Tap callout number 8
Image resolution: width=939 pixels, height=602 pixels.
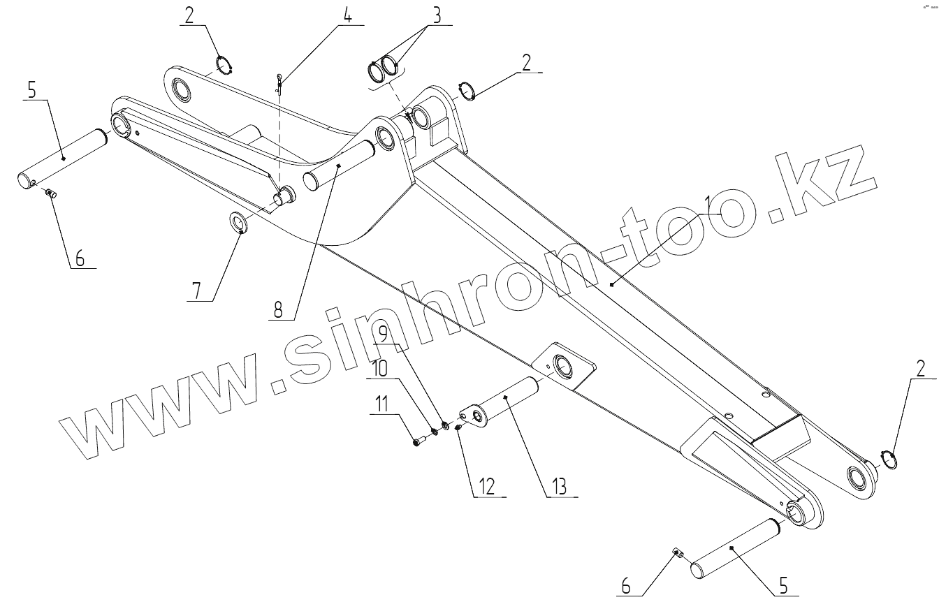tap(279, 309)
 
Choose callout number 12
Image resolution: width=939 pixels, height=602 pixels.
tap(488, 485)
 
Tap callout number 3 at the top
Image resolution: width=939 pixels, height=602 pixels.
tap(437, 15)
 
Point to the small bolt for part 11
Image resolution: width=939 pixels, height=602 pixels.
tap(418, 441)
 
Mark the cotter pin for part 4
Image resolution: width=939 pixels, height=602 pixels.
tap(279, 83)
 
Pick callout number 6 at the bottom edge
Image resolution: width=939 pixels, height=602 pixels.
tap(626, 587)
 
